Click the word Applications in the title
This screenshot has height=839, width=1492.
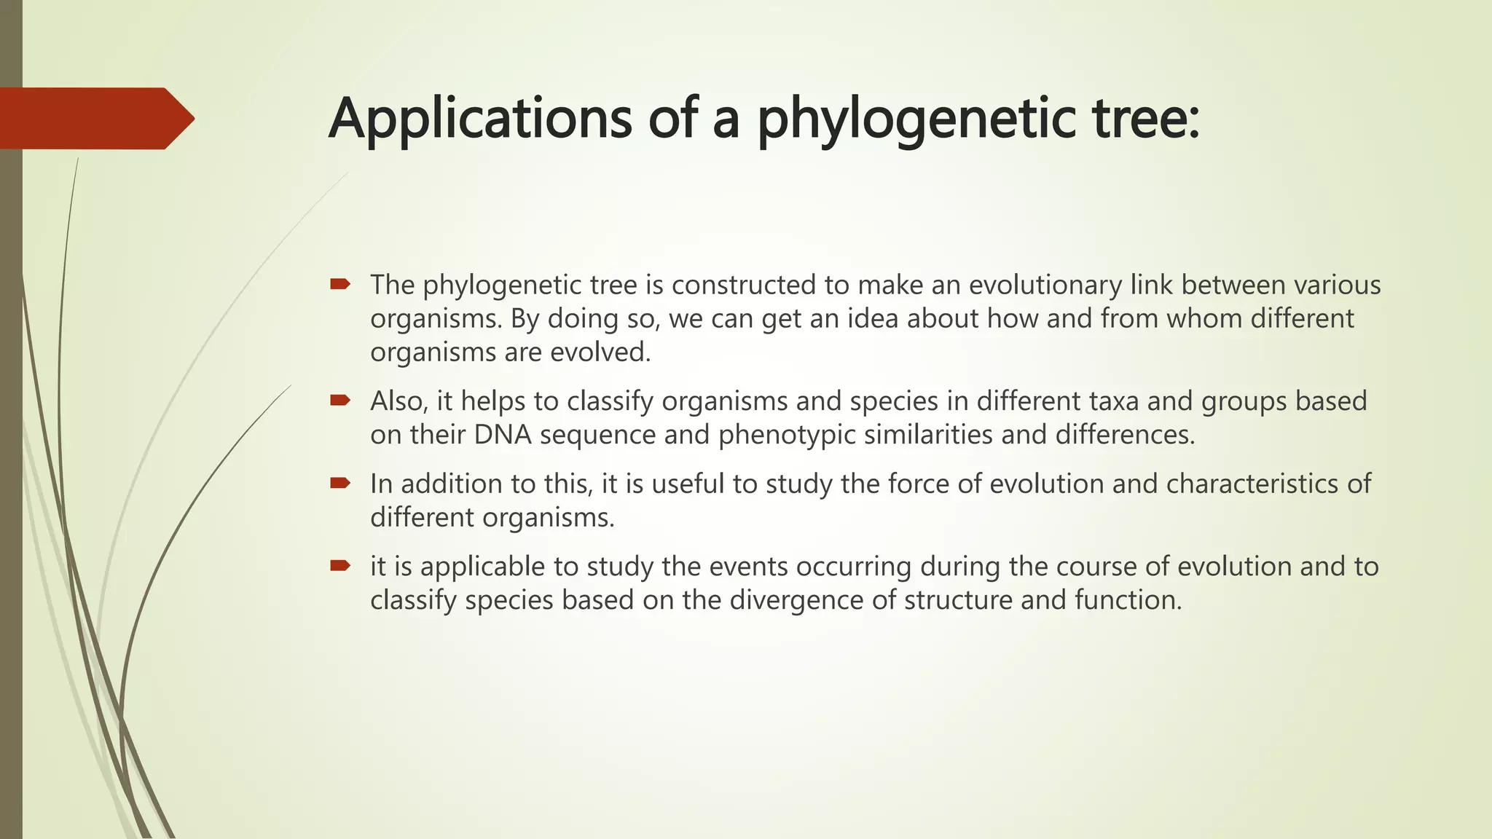(x=480, y=119)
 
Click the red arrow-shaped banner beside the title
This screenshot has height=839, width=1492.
(x=95, y=119)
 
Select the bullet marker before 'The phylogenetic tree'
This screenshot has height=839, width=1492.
(x=339, y=284)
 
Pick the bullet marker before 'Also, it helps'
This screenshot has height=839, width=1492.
(x=339, y=400)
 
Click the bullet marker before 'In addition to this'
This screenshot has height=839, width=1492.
(x=339, y=483)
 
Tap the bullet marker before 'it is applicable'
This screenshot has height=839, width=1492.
(x=339, y=565)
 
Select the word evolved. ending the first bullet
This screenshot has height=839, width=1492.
(x=600, y=352)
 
